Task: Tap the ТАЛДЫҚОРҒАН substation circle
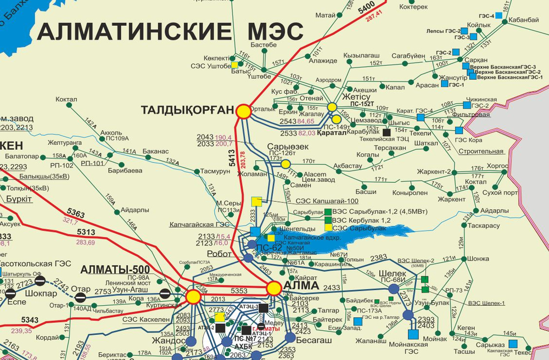(x=243, y=111)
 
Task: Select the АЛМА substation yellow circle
(x=274, y=288)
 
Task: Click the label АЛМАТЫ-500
(x=108, y=270)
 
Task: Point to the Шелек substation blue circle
(x=394, y=289)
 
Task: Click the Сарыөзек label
(x=288, y=147)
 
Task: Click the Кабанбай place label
(x=524, y=20)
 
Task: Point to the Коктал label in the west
(x=66, y=100)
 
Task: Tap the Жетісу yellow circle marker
(x=332, y=107)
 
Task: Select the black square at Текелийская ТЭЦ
(x=387, y=132)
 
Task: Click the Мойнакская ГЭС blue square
(x=413, y=334)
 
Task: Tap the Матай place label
(x=326, y=15)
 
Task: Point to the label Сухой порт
(x=503, y=193)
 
